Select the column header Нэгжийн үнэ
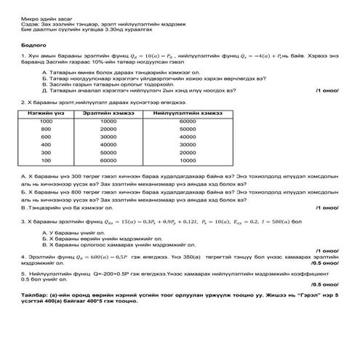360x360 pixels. pos(46,113)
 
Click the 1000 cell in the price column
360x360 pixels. pos(46,121)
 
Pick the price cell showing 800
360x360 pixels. pos(46,129)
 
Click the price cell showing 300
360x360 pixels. pos(46,153)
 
